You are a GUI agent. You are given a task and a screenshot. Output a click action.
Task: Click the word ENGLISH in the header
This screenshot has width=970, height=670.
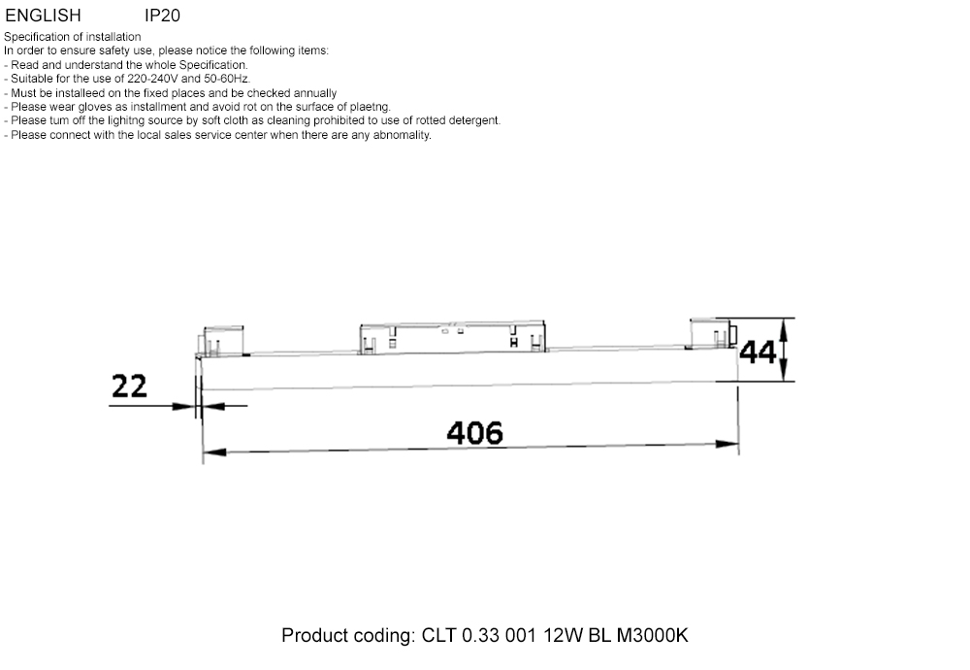[x=43, y=16]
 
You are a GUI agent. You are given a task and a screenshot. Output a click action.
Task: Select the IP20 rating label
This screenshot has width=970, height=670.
[x=162, y=16]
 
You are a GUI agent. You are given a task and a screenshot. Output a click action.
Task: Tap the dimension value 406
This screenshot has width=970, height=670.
[x=475, y=432]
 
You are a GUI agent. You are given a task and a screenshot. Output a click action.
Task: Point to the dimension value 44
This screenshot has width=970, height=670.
[x=758, y=352]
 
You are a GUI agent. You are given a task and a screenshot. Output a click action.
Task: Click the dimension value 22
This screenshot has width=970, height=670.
[x=129, y=385]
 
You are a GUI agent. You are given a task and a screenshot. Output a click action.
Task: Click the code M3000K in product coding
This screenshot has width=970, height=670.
[x=652, y=636]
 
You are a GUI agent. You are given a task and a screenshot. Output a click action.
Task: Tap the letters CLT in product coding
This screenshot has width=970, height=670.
[x=439, y=636]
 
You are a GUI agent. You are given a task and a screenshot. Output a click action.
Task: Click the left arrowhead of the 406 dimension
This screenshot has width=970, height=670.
[x=210, y=452]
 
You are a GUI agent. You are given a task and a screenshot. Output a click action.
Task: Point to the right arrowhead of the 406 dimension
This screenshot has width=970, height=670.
[x=730, y=446]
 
